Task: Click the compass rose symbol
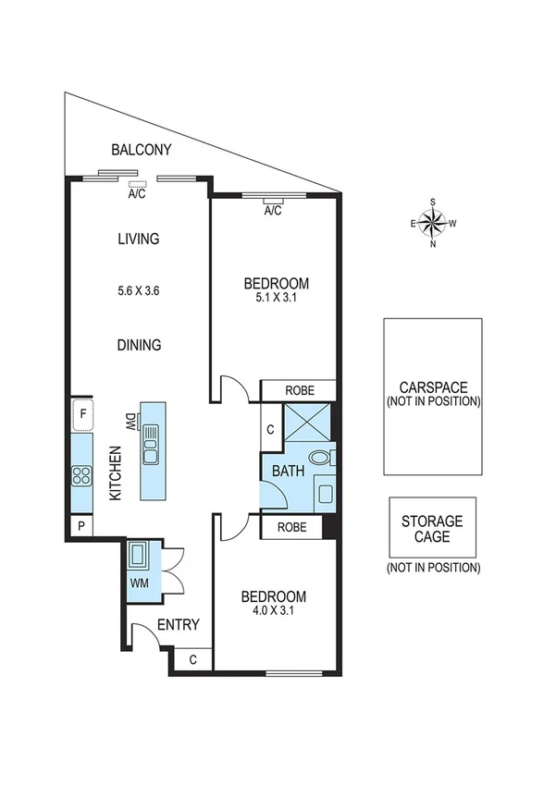point(433,223)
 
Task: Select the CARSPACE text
point(433,387)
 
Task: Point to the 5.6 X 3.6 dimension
point(139,290)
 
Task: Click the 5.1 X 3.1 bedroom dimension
point(275,299)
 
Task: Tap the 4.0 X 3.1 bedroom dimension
point(273,609)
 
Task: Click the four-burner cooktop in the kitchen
point(81,477)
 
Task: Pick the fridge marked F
point(82,414)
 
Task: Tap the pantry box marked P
point(81,527)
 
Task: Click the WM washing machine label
point(140,583)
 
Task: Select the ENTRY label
point(178,625)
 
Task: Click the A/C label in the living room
point(138,194)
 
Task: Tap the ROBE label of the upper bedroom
point(300,390)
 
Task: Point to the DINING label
point(139,345)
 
